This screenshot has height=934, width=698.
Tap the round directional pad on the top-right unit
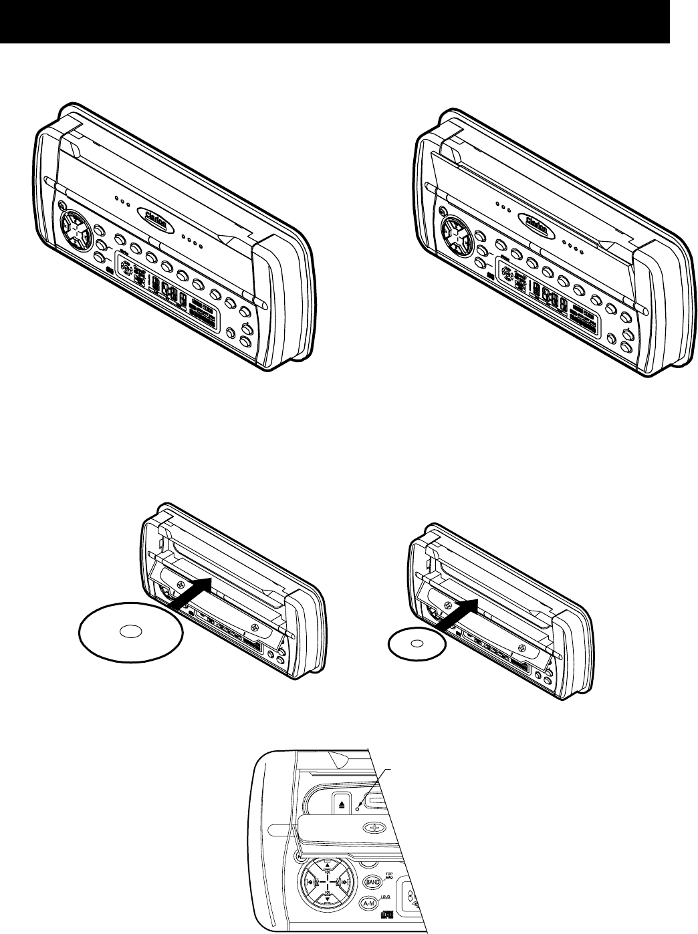coord(459,237)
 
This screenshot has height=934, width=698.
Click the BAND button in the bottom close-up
coord(372,881)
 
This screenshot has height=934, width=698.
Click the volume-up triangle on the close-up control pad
coord(328,865)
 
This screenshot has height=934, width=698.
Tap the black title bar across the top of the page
coord(334,22)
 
